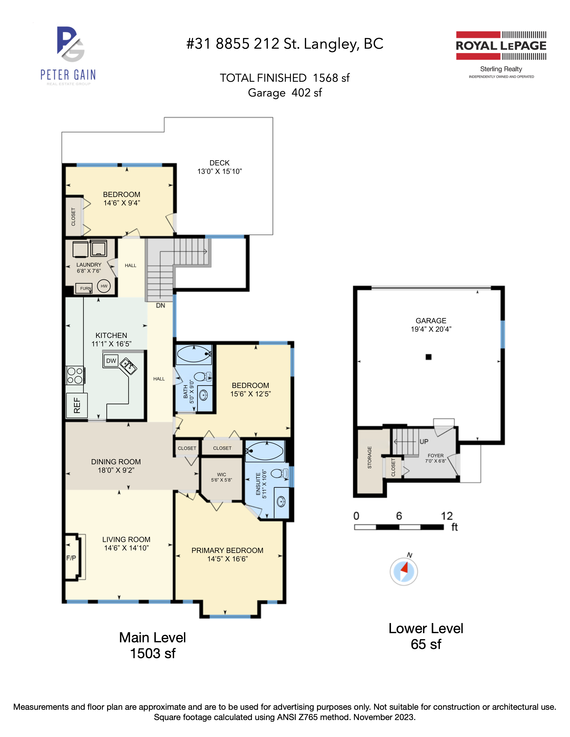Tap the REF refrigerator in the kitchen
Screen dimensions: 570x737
tap(77, 405)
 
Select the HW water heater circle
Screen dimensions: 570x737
tap(104, 286)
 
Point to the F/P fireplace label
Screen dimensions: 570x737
tap(71, 558)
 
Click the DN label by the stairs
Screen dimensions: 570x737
tap(160, 305)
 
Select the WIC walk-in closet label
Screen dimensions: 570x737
tap(222, 474)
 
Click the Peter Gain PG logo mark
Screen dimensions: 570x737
tap(70, 44)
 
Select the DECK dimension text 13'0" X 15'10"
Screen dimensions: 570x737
tap(220, 172)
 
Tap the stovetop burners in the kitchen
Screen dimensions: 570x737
tap(75, 375)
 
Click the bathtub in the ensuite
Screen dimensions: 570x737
tap(265, 451)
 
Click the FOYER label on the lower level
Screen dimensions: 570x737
tap(436, 456)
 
